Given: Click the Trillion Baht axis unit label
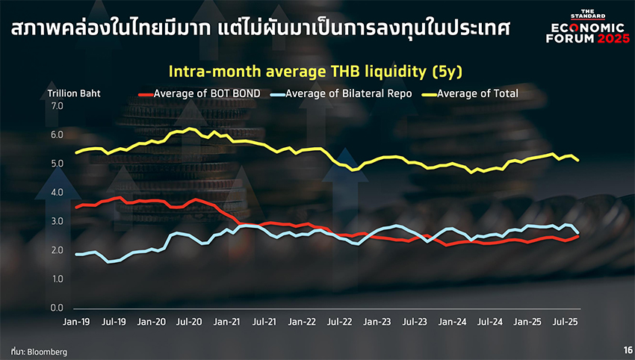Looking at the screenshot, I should point(74,93).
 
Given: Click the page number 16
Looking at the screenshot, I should point(627,350).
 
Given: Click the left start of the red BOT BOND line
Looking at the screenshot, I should point(76,207).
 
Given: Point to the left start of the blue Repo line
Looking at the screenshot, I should point(76,254).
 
